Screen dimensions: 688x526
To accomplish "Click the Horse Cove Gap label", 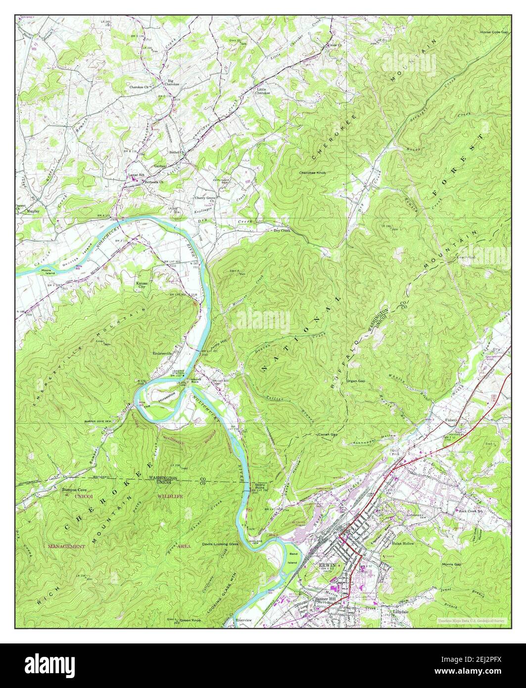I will [494, 32].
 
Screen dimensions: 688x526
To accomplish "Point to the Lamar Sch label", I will [134, 175].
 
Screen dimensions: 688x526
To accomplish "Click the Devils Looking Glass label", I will [220, 544].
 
